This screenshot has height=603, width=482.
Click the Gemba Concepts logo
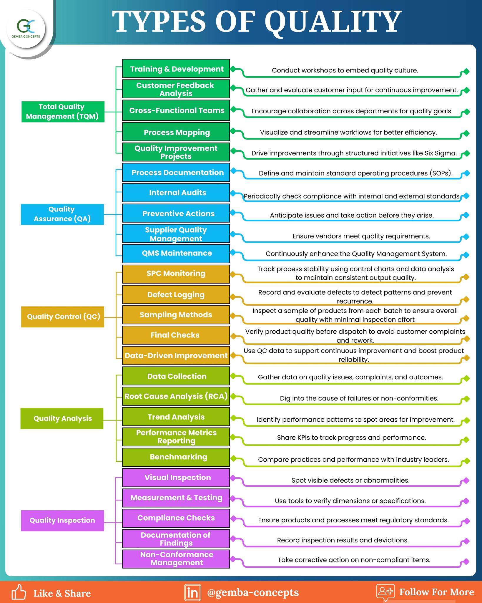(x=26, y=29)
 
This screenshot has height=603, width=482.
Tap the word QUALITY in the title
(x=333, y=22)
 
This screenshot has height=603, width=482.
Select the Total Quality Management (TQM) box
(x=63, y=112)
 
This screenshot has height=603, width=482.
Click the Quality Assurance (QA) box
(x=62, y=214)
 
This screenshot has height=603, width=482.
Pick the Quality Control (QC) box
(x=63, y=317)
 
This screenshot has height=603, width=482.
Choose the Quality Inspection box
(x=62, y=521)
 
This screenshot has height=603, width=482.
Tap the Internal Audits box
(x=176, y=193)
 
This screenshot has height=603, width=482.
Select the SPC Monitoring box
(x=176, y=274)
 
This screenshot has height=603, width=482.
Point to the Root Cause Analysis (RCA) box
(x=176, y=396)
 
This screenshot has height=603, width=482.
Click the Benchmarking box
(x=176, y=457)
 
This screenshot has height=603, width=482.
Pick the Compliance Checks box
(x=176, y=518)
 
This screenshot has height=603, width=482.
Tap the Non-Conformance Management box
(x=176, y=559)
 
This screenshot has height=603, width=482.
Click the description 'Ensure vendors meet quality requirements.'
(x=361, y=236)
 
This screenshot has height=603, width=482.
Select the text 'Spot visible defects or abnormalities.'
(x=350, y=480)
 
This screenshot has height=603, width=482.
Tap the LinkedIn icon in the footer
(x=192, y=592)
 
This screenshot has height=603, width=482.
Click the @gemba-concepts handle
(x=253, y=592)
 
